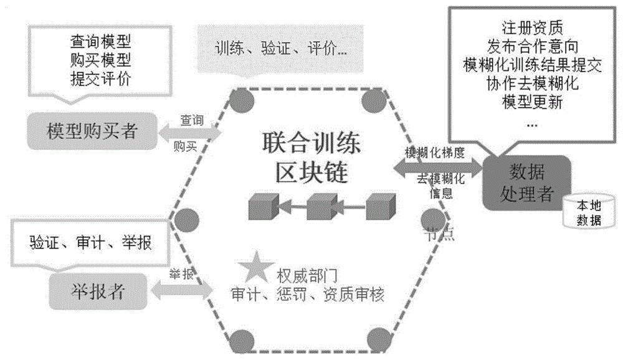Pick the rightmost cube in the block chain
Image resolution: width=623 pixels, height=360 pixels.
(380, 206)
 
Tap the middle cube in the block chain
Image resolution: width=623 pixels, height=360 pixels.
(321, 206)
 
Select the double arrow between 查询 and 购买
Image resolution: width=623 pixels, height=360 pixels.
(190, 132)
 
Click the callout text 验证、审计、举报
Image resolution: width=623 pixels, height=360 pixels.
(90, 242)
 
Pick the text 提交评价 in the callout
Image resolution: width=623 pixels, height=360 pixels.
(100, 78)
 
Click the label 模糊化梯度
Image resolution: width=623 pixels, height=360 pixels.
(434, 153)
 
